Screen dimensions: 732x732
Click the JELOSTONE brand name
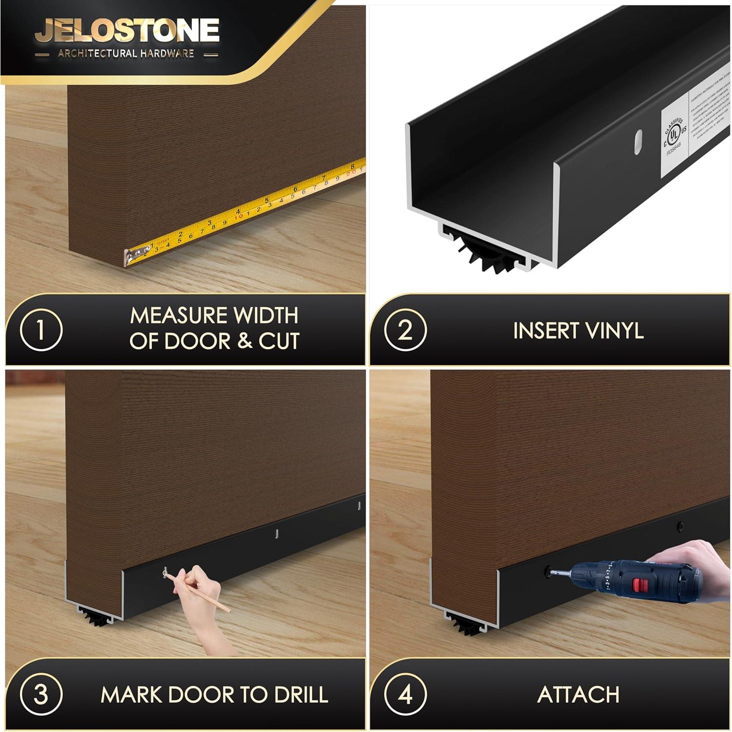[x=127, y=30]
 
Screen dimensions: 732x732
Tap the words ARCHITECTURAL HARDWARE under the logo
[x=126, y=54]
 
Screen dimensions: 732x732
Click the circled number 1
[x=41, y=330]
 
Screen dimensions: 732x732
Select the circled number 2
[x=405, y=330]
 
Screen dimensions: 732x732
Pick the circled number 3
[x=41, y=694]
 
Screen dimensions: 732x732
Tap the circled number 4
[x=405, y=694]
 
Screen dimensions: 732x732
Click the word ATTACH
[x=578, y=695]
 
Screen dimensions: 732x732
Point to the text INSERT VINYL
[x=578, y=331]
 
